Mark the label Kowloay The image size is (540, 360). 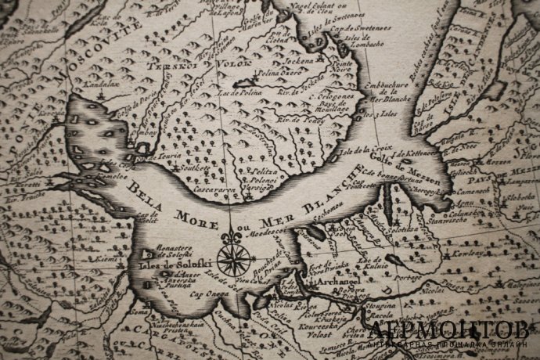click(471, 255)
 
